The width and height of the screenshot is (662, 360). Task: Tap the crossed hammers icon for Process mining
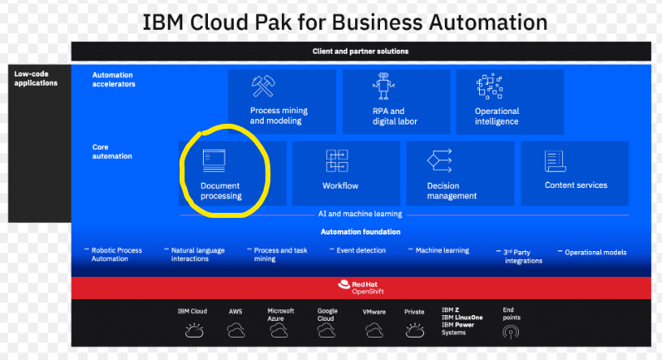coord(264,86)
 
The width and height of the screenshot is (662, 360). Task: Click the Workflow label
coord(340,185)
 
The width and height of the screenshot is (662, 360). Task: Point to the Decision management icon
coord(438,160)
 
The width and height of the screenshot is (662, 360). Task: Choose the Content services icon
coord(555,160)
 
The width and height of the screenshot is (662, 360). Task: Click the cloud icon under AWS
coord(236,331)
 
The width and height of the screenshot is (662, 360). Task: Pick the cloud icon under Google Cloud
coord(327,331)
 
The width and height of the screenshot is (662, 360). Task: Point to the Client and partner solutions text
coord(360,52)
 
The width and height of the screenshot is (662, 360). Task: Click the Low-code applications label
coord(36,78)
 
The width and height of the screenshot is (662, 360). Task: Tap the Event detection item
coord(360,249)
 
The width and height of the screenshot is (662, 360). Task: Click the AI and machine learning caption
coord(360,213)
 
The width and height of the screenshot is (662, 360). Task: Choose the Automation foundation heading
coord(360,231)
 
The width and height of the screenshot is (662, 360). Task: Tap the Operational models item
coord(595,252)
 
